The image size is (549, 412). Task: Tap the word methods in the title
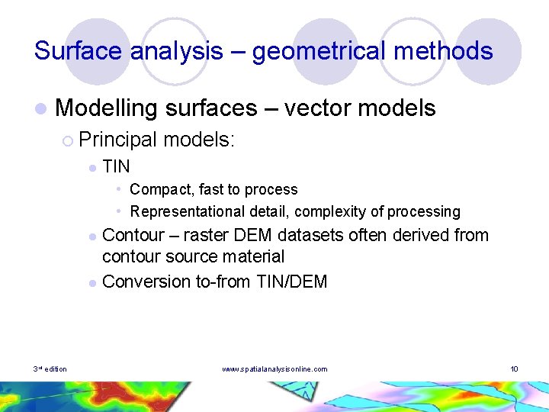click(450, 51)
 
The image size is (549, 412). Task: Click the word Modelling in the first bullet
click(105, 108)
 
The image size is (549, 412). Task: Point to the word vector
click(317, 108)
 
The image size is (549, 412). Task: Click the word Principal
click(117, 140)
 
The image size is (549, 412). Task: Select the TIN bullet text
click(116, 166)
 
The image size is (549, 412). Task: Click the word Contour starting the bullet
click(130, 235)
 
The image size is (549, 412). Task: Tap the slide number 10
click(514, 369)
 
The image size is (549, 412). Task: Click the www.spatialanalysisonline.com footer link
click(274, 369)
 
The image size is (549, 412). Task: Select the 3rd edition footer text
click(50, 369)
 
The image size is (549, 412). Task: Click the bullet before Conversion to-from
click(91, 282)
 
